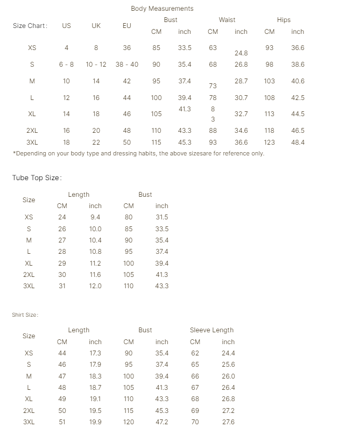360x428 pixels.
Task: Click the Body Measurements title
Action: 162,9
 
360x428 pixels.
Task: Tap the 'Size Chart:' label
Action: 30,26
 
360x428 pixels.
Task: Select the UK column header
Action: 96,26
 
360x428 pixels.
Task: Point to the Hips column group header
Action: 284,20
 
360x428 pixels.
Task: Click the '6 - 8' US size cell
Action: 67,65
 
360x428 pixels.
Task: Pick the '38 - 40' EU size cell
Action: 127,65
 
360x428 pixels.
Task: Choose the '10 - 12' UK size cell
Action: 96,65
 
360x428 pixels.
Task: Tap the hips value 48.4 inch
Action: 298,142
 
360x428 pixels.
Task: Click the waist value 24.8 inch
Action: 241,53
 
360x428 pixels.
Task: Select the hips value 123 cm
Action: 270,142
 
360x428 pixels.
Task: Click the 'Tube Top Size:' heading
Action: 37,178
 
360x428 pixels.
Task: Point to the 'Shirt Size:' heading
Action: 25,315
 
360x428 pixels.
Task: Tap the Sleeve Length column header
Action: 211,330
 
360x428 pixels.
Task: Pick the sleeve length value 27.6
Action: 228,422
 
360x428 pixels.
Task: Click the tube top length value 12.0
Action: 95,286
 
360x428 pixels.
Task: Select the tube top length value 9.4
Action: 95,217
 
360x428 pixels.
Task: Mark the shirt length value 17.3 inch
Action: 95,353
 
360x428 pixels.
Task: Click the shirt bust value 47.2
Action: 162,422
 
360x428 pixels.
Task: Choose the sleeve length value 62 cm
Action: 195,353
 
